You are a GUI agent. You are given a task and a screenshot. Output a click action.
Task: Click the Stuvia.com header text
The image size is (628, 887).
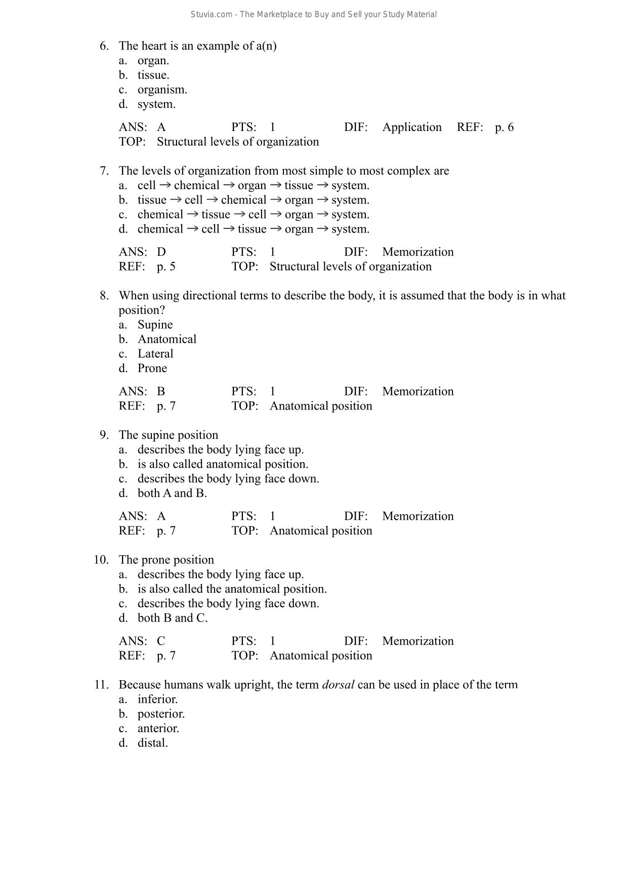pos(313,15)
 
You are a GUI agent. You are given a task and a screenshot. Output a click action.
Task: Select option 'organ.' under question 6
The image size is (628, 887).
pos(153,61)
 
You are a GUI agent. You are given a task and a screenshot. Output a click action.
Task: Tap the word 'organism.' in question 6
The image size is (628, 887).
pos(162,90)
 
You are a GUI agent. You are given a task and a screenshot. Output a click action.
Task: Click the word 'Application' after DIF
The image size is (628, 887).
pos(412,127)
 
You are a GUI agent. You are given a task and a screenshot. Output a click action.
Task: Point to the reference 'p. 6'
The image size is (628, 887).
pos(504,127)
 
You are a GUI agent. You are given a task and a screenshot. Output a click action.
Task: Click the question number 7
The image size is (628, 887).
pos(104,171)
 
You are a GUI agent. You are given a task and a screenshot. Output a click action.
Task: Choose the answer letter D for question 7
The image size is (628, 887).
pos(161,252)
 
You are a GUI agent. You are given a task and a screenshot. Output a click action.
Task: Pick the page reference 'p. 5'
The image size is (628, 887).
pos(166,267)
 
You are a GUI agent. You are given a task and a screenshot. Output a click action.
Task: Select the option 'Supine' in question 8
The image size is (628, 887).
pos(155,325)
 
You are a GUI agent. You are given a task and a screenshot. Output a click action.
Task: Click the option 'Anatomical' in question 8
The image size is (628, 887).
pos(167,339)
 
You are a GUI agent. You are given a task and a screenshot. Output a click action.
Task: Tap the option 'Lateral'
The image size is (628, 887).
pos(155,354)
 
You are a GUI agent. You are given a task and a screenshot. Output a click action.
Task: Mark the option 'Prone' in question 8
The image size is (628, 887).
pos(152,369)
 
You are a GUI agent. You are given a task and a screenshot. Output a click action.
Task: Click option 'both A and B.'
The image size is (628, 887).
pos(172,494)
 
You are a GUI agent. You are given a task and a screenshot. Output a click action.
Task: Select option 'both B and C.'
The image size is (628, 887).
pos(173,618)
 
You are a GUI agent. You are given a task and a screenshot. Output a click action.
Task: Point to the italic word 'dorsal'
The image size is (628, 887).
pos(338,685)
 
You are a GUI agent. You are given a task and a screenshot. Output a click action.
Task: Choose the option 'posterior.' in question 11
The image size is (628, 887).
pos(161,714)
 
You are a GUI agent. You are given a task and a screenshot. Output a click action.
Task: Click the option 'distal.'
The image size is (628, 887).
pos(152,743)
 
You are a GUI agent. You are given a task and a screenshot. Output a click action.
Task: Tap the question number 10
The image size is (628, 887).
pos(101,560)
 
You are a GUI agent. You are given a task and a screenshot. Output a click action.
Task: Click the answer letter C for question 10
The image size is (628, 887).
pos(161,642)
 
